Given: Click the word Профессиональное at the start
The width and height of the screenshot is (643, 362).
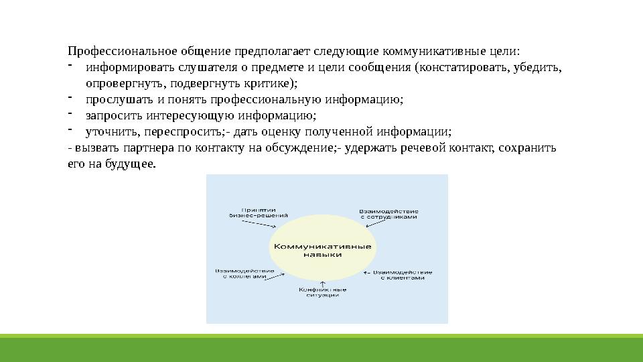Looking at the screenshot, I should [111, 52].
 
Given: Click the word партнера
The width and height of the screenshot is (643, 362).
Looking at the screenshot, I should [133, 148].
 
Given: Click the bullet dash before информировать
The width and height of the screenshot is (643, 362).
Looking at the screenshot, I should [70, 65].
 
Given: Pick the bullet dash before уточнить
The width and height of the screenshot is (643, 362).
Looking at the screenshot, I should [70, 129].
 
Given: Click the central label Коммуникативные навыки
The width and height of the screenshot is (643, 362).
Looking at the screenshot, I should [323, 250].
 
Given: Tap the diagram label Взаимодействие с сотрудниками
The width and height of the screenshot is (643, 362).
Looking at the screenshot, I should [388, 213].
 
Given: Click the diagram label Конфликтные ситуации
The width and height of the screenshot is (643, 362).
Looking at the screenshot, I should [323, 293].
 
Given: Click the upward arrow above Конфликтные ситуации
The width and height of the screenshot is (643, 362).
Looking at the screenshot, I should [323, 283].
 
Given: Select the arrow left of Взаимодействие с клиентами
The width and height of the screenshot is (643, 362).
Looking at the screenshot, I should [366, 273].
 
